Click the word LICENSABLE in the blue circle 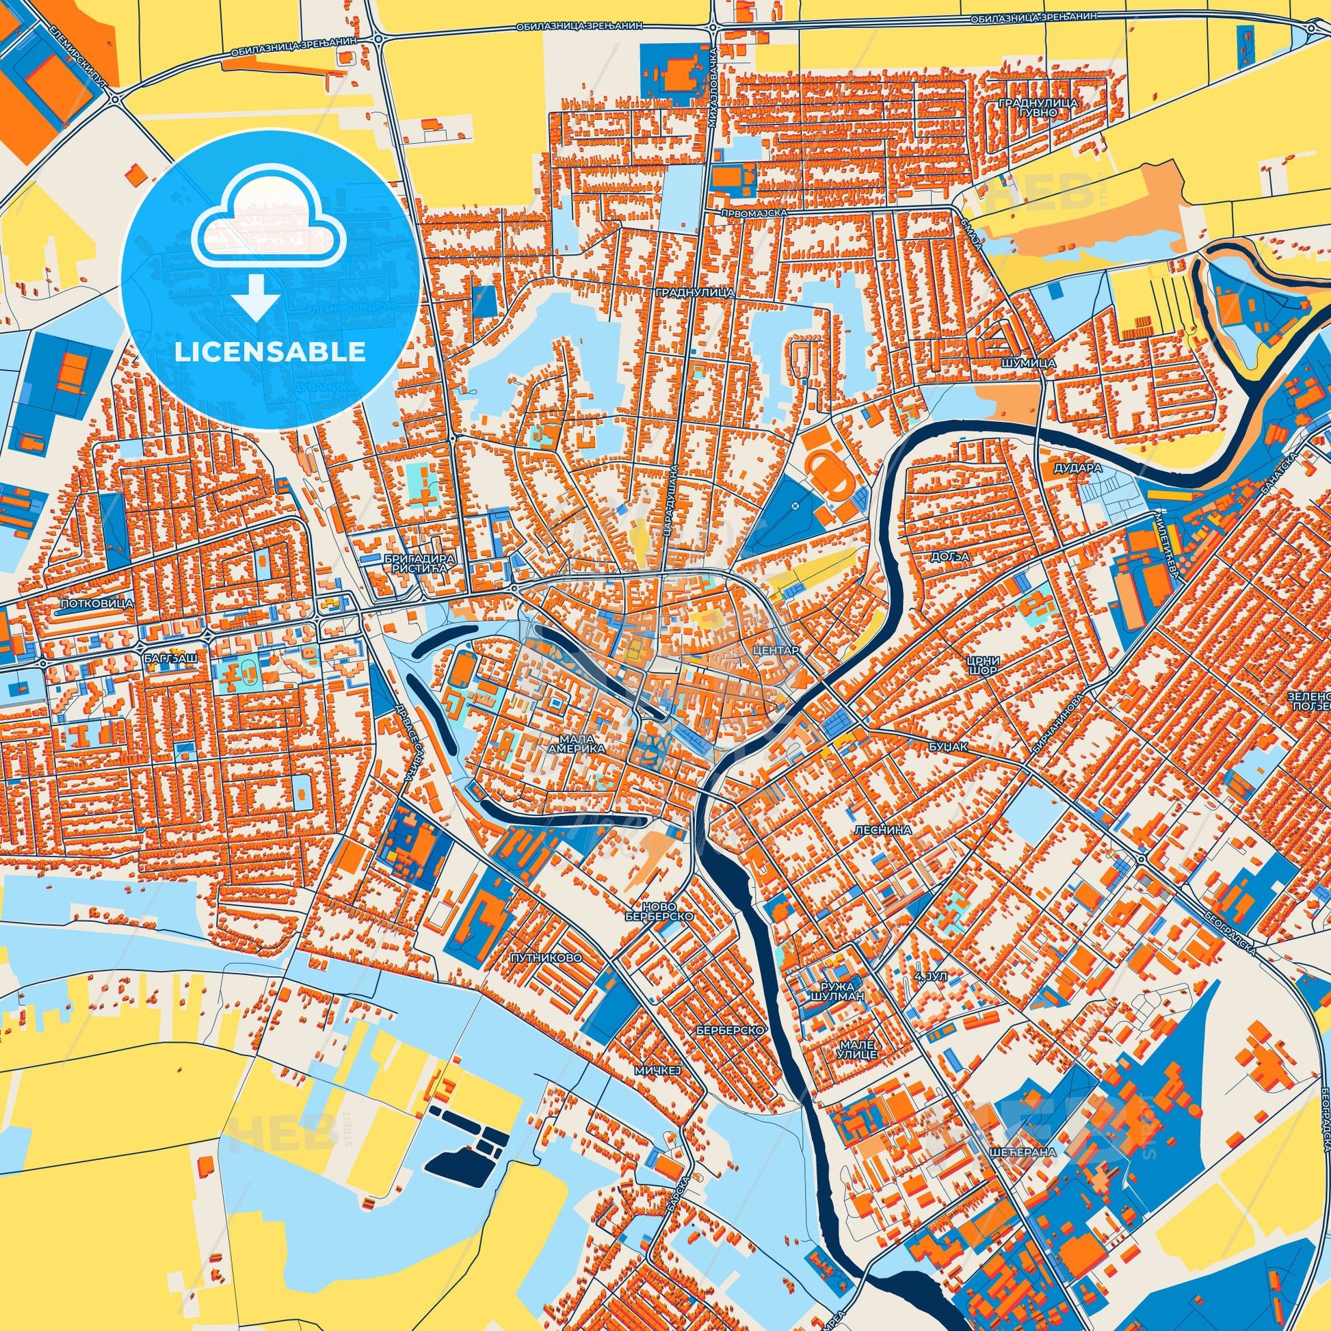click(270, 352)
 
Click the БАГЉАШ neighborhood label click(172, 658)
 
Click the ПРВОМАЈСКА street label click(761, 214)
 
